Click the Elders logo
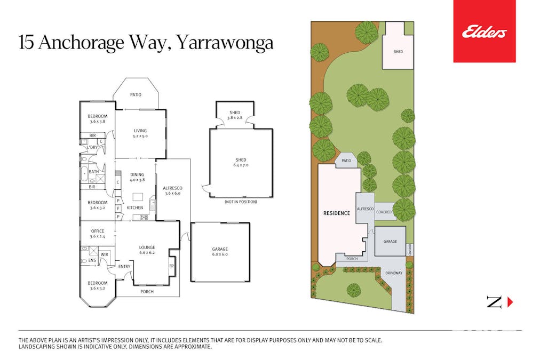click(484, 31)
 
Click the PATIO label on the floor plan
click(136, 94)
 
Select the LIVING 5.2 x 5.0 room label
click(140, 133)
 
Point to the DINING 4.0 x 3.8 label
click(137, 177)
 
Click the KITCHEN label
click(135, 207)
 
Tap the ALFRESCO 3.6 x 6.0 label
click(172, 191)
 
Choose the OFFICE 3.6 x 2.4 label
click(98, 234)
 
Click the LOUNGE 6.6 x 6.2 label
click(147, 250)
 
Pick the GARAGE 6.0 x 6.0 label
click(220, 252)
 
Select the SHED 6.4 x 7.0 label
click(241, 162)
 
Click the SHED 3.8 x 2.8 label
click(235, 115)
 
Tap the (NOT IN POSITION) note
click(241, 202)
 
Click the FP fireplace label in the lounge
click(171, 266)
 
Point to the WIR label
click(105, 255)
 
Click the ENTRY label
click(124, 266)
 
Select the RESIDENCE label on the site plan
click(337, 213)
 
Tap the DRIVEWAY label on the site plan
click(394, 273)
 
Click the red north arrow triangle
click(510, 302)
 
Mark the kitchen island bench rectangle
click(138, 197)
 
